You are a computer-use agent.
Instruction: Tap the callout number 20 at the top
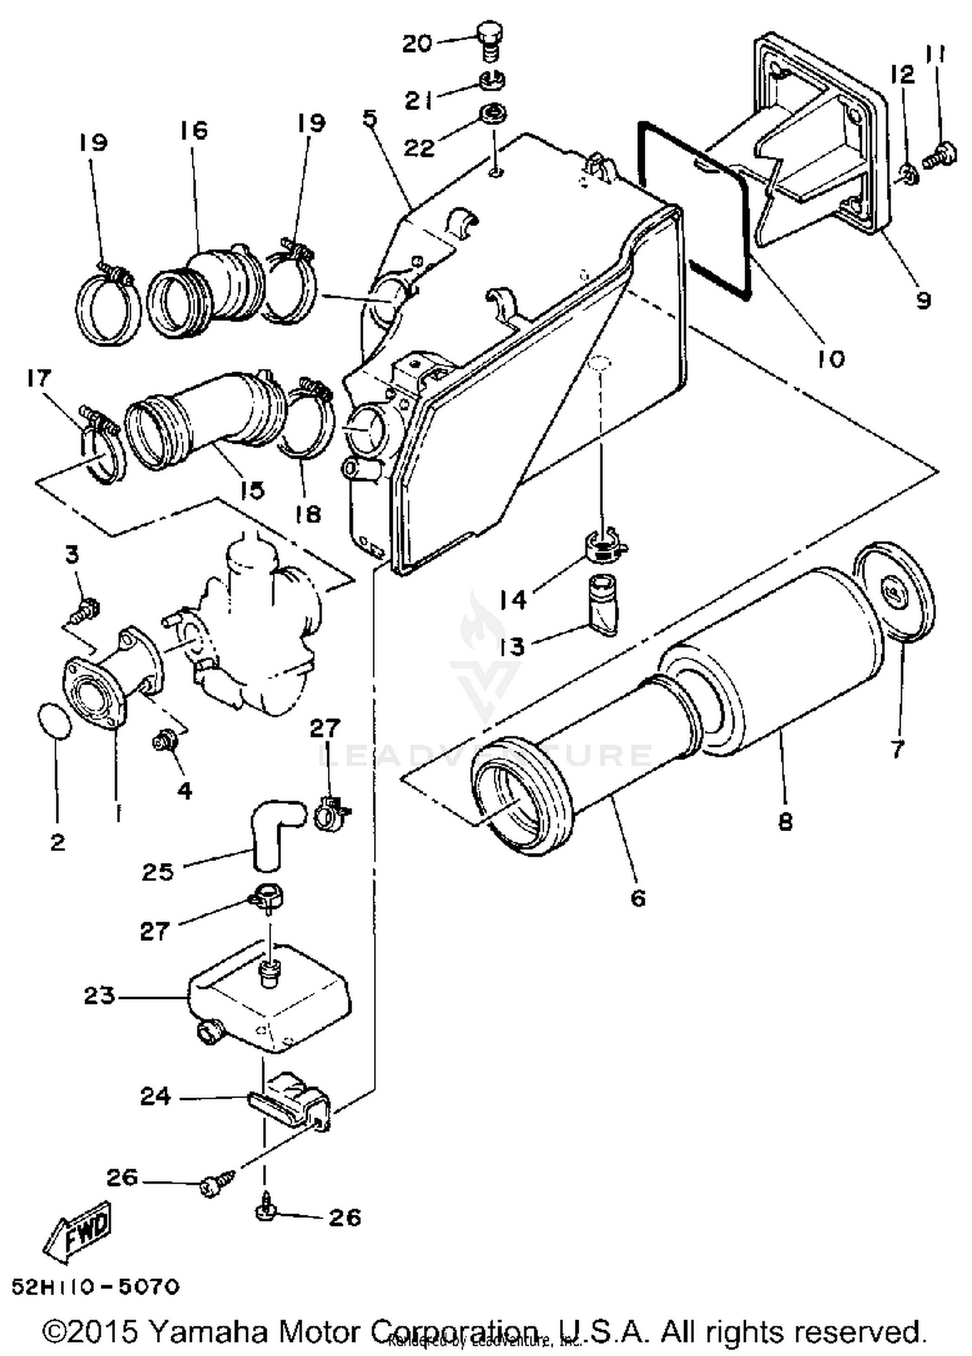click(x=417, y=44)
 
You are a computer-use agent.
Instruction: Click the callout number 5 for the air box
click(x=369, y=119)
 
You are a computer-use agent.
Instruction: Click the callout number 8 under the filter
click(x=785, y=822)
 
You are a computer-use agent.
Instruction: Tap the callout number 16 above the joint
click(x=193, y=130)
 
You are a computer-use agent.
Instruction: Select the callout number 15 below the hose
click(x=252, y=490)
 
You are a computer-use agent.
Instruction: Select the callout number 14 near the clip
click(x=513, y=599)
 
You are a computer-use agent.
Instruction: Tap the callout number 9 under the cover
click(x=923, y=299)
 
